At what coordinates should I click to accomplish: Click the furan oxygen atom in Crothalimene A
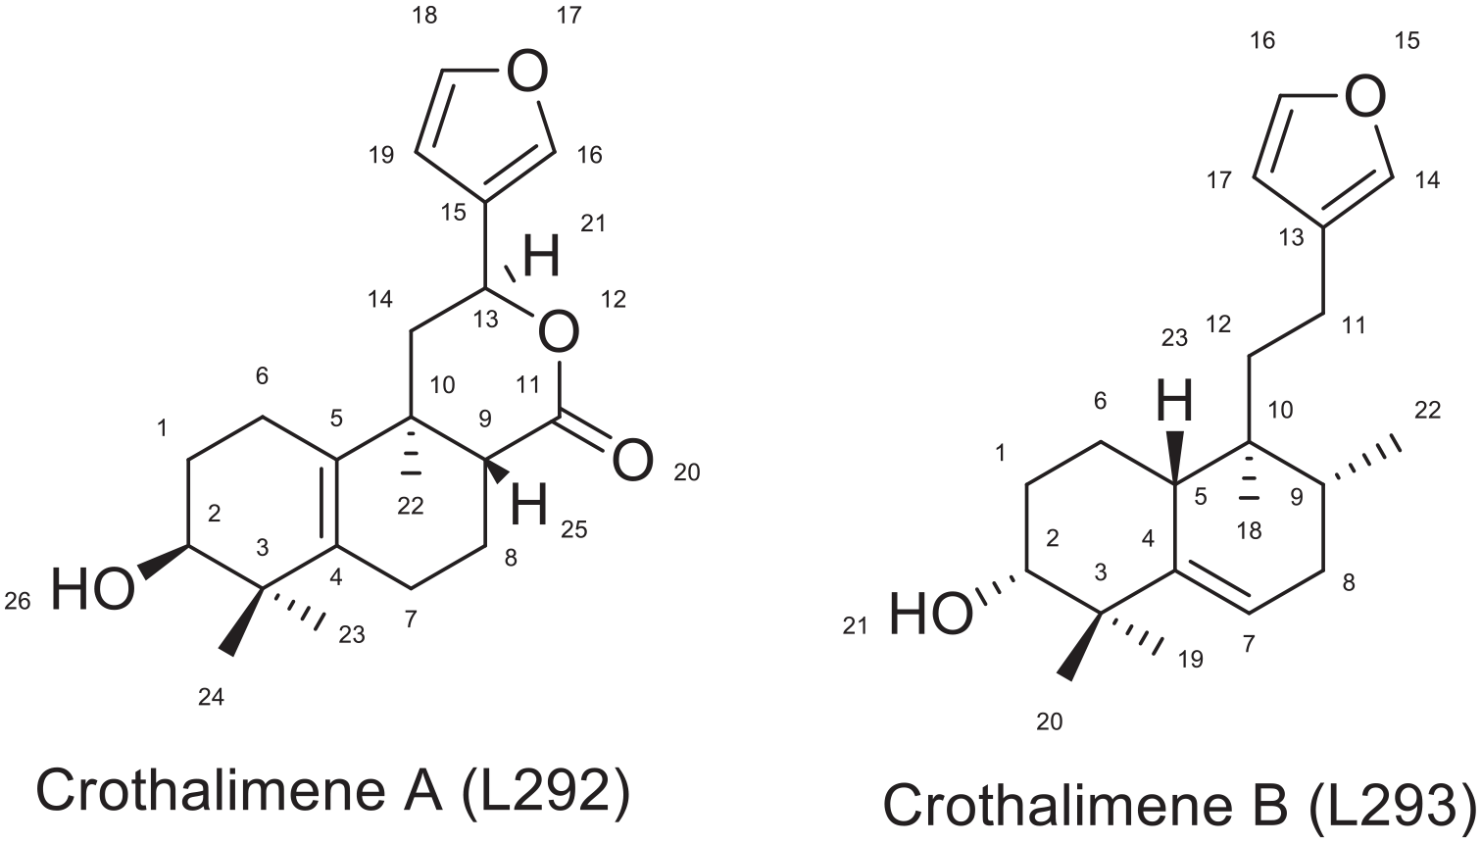point(527,70)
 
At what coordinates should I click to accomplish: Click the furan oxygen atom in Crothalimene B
point(1365,96)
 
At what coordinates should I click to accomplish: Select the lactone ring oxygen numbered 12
point(559,332)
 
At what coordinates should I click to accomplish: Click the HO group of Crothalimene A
point(93,589)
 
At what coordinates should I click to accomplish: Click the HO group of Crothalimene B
point(931,615)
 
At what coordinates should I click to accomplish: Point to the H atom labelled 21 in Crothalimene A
point(541,256)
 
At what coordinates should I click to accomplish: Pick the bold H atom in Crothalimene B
point(1174,400)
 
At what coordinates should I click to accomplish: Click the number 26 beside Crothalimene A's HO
point(18,601)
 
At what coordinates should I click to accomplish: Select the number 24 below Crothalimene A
point(211,696)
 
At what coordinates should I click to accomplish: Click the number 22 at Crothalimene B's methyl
point(1427,411)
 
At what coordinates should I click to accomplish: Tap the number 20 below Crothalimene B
point(1050,722)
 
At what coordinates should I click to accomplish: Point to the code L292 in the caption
point(543,790)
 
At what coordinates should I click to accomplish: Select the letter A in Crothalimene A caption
point(422,790)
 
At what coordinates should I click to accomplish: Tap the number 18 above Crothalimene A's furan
point(424,16)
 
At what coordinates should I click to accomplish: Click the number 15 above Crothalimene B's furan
point(1407,41)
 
